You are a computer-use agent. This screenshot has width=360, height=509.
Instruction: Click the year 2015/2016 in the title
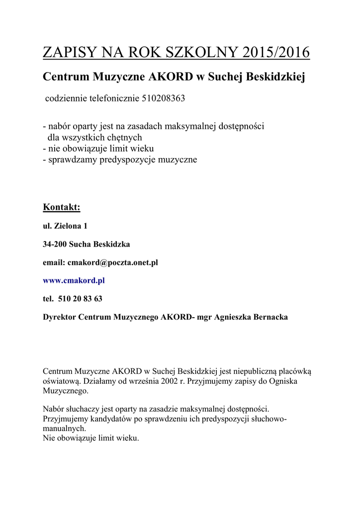click(276, 52)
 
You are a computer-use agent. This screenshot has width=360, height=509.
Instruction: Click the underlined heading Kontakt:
click(62, 207)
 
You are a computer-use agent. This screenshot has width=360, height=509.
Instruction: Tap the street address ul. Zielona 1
click(65, 226)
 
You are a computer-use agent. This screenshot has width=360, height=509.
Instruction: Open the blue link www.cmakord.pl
click(74, 280)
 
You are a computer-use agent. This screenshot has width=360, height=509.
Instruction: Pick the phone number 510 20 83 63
click(80, 299)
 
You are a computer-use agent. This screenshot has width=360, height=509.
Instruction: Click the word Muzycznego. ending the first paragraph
click(66, 391)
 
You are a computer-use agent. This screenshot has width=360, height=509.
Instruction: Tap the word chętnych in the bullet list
click(126, 137)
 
